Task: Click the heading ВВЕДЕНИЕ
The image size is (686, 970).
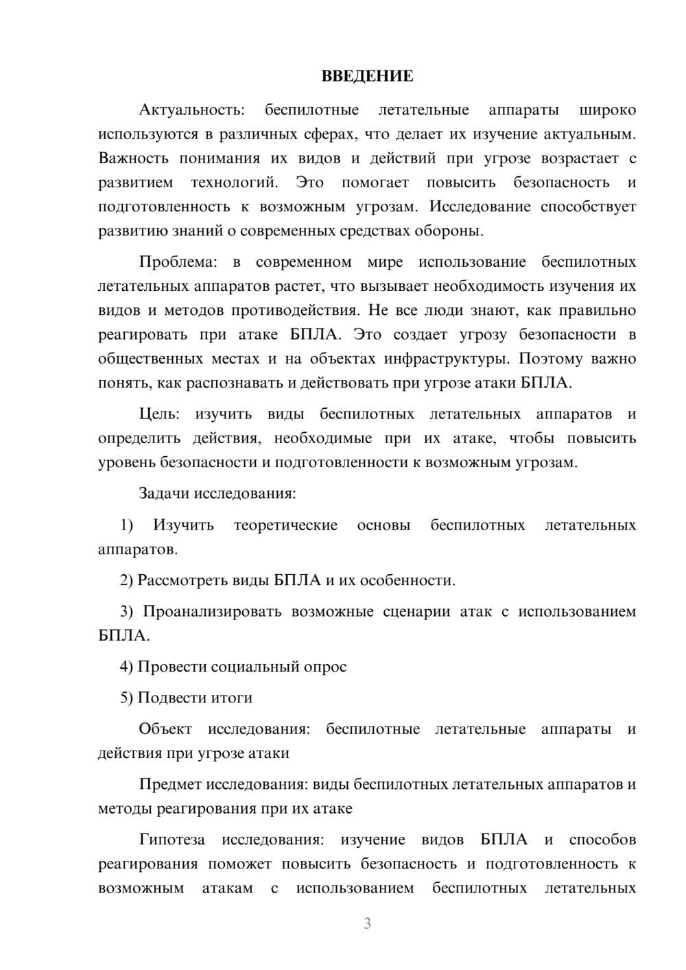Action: [x=367, y=76]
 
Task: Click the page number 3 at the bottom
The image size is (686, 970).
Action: [x=367, y=923]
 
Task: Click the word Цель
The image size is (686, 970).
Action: [x=159, y=414]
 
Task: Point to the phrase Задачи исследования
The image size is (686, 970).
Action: [x=217, y=493]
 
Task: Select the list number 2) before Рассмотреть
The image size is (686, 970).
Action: [x=126, y=580]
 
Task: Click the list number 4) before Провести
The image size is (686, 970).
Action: [x=126, y=667]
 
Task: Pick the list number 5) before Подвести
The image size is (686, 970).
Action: [x=126, y=698]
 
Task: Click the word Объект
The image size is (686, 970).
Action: [x=165, y=729]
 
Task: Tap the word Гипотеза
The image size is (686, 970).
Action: [x=172, y=840]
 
